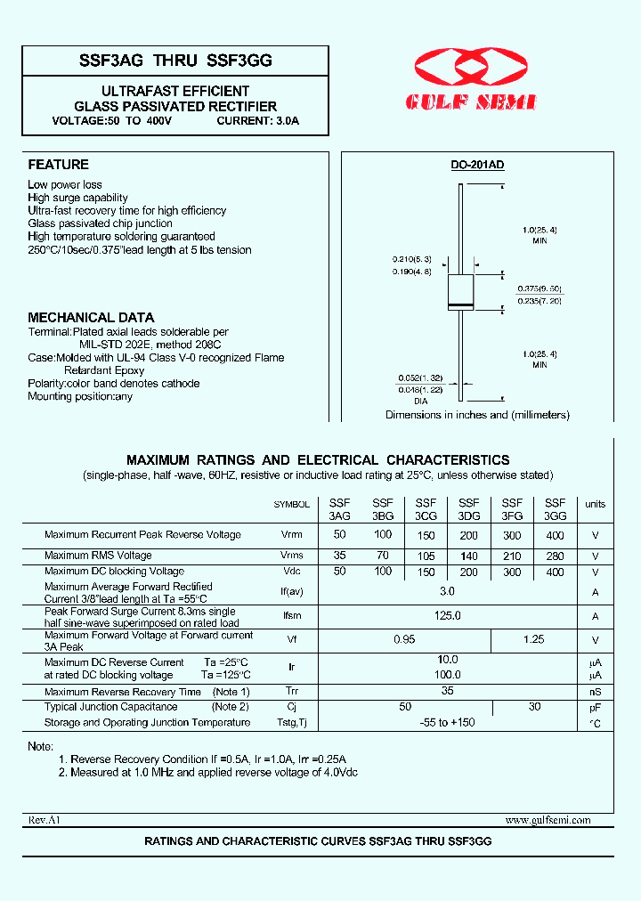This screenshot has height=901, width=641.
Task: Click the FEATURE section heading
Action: pos(58,165)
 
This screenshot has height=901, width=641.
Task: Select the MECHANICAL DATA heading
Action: pos(91,317)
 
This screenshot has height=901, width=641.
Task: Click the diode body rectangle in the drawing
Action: pos(459,295)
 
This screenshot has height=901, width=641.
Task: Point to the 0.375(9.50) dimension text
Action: pos(540,289)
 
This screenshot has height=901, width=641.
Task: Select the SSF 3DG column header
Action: pos(468,509)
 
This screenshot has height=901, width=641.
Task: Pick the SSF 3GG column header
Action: pos(555,509)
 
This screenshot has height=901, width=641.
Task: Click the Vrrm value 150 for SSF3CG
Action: pos(426,536)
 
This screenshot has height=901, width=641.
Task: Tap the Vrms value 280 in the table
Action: pos(555,556)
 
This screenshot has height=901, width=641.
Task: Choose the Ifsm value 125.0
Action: pos(447,616)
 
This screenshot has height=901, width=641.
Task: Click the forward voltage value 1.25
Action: pos(533,639)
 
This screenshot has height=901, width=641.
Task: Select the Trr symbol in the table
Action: pos(292,692)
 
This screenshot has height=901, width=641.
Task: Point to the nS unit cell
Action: pos(595,692)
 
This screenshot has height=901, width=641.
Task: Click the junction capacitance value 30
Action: pos(533,706)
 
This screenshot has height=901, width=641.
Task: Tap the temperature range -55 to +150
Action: pos(447,722)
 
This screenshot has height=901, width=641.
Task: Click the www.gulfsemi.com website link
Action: pos(547,820)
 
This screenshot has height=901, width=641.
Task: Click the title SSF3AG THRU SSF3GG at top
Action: pos(175,61)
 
